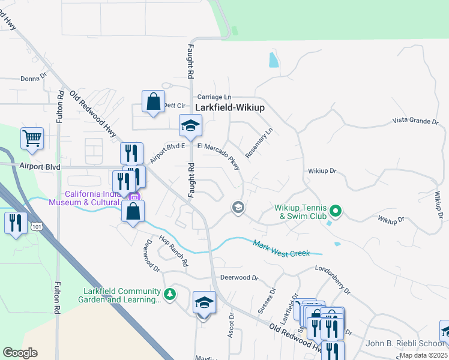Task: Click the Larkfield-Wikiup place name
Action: pos(230,107)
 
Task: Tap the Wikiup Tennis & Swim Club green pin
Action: pos(336,211)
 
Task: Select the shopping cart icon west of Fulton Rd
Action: pos(32,137)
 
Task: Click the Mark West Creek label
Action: pos(281,249)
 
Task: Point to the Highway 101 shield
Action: pos(37,226)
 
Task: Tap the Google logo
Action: pos(20,352)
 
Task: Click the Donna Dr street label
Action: pos(33,78)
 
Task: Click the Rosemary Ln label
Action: pos(259,139)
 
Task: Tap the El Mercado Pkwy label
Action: pos(222,152)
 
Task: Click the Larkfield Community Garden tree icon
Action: pos(170,293)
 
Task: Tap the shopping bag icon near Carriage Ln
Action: pos(153,100)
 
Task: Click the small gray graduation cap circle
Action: pos(238,208)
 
